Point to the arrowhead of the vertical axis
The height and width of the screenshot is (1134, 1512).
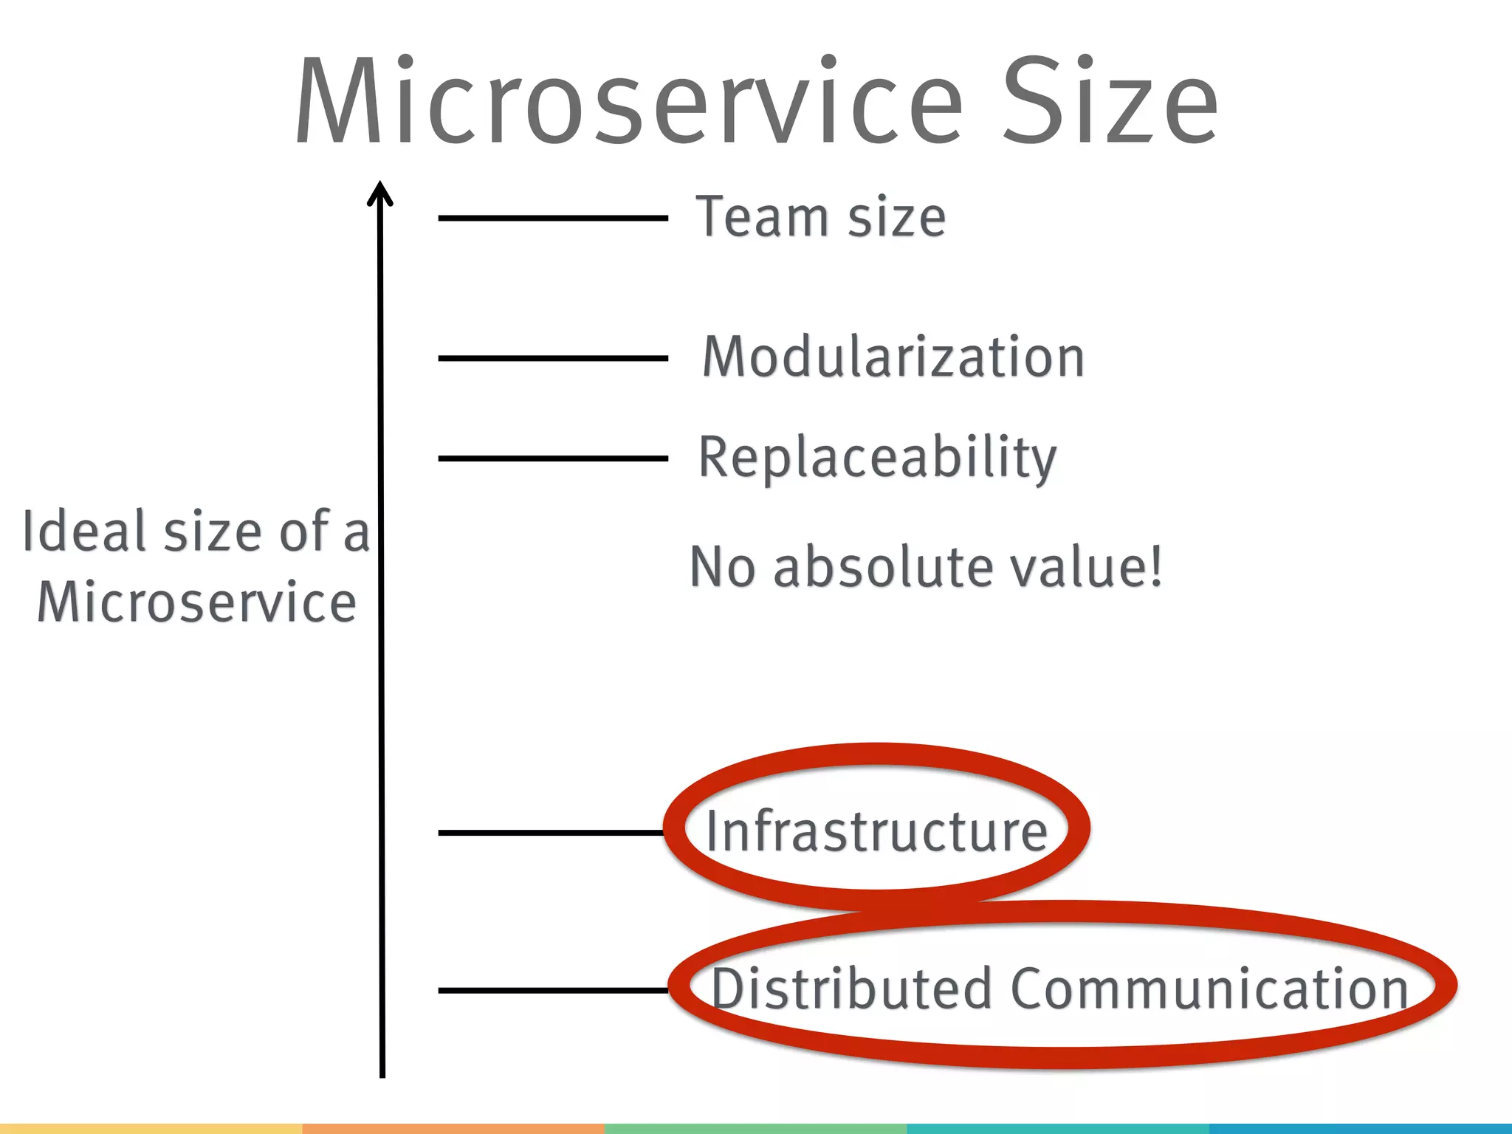tap(380, 193)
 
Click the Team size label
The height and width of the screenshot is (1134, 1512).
tap(820, 217)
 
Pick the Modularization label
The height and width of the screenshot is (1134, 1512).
tap(893, 357)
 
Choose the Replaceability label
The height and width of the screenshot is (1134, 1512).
tap(877, 458)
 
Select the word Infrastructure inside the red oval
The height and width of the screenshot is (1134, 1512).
tap(876, 831)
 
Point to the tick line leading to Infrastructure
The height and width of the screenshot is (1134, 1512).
tap(550, 833)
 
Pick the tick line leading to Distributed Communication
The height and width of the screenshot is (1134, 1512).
tap(552, 990)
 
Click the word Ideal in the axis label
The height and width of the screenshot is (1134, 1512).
tap(86, 531)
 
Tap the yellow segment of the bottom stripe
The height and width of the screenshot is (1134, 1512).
tap(151, 1129)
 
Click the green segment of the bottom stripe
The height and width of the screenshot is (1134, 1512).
tap(755, 1129)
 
